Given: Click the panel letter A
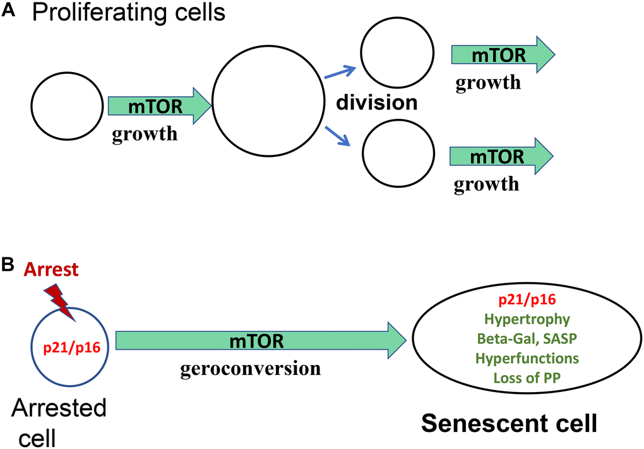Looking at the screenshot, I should (9, 15).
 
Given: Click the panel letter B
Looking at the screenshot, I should (9, 268).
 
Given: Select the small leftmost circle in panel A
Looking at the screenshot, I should (67, 106).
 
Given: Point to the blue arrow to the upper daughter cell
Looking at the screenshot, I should (341, 73).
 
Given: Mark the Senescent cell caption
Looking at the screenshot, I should (509, 424).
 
